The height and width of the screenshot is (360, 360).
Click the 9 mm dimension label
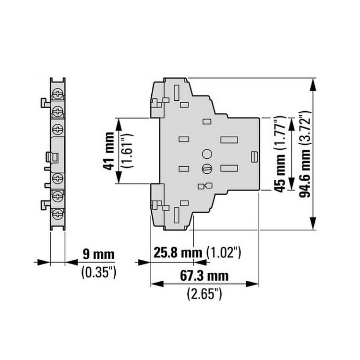[x=98, y=254]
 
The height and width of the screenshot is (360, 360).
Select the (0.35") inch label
[x=99, y=273]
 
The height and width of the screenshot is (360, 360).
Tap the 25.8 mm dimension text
[x=178, y=252]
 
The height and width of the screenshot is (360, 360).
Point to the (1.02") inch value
[x=224, y=253]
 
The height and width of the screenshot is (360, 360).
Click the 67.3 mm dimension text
[x=204, y=276]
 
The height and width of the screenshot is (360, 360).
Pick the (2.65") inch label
[x=204, y=294]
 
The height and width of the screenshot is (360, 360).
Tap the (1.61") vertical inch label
[x=128, y=151]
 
